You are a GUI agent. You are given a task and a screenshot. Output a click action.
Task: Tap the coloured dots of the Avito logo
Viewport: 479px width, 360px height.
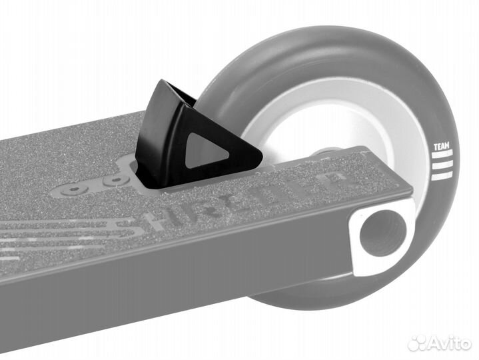pos(418,342)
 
